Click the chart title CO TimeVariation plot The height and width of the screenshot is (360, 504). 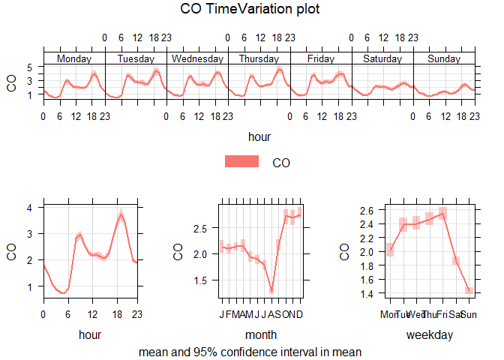coord(251,10)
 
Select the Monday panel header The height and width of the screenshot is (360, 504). coord(74,58)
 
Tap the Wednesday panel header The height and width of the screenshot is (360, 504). coord(197,58)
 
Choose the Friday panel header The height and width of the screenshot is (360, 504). coord(320,58)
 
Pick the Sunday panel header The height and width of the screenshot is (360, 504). coord(443,58)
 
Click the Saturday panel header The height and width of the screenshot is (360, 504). coord(382,58)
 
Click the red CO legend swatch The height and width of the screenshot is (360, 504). coord(241,162)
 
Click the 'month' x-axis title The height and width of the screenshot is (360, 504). coord(260,334)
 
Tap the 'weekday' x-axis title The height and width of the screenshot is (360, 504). coord(429,334)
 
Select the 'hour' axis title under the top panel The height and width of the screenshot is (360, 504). coord(259,136)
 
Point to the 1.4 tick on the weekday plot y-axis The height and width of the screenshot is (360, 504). coord(367,294)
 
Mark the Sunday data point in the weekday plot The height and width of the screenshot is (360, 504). coord(469,291)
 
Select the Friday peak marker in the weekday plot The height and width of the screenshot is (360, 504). coord(442,213)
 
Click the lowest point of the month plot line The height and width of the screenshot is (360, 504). coord(271,290)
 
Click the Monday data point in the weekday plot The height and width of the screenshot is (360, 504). coord(389,250)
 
